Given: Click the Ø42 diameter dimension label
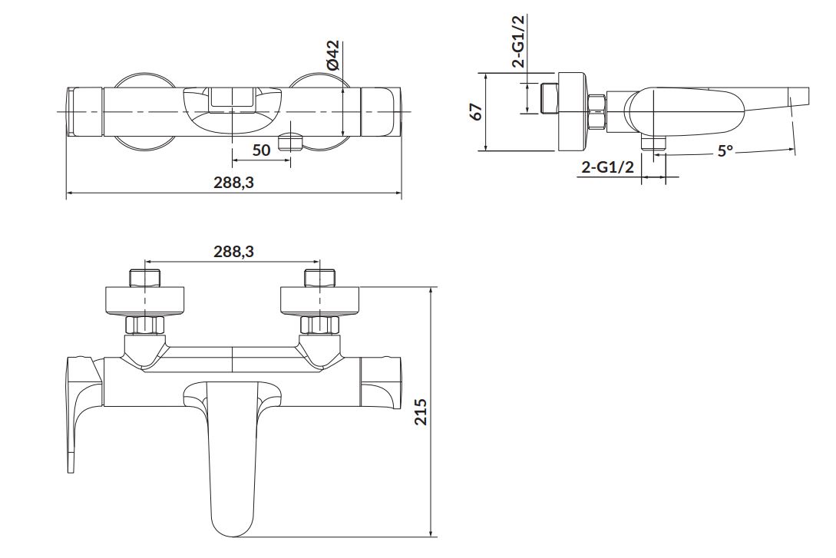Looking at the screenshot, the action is (x=332, y=55).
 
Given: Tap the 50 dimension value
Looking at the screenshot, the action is (x=261, y=150).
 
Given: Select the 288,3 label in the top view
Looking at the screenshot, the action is (x=234, y=183).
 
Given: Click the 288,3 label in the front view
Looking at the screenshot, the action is (x=234, y=252).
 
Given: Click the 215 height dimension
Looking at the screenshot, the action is (x=421, y=411).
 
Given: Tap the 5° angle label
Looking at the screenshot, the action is (x=725, y=151).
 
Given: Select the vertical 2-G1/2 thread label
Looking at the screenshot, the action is (x=518, y=41).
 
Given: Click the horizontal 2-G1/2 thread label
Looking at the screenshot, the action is (x=608, y=167).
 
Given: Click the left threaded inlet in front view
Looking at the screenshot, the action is (x=146, y=279).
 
